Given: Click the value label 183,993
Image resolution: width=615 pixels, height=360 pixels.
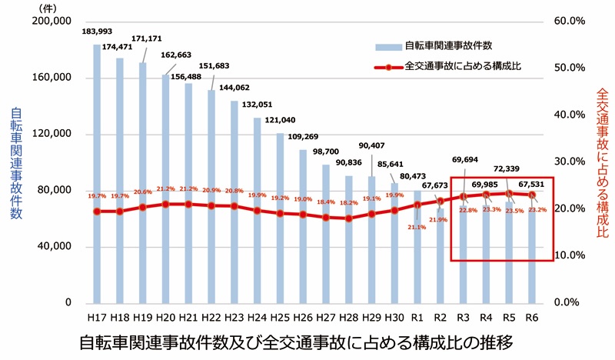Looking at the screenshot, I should tap(97, 32).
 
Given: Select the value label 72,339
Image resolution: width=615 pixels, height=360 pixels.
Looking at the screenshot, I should tap(509, 168).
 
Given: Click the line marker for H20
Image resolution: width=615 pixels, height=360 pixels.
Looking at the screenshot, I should tap(166, 204).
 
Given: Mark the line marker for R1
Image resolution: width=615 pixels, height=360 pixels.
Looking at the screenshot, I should tap(417, 205).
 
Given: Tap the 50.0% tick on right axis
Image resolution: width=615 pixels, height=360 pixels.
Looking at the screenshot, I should tap(569, 68).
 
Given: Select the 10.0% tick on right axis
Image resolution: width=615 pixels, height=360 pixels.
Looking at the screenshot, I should tap(569, 255).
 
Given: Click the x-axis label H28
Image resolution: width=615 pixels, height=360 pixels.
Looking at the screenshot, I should tap(349, 317).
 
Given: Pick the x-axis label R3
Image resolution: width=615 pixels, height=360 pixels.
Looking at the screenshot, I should tap(464, 317).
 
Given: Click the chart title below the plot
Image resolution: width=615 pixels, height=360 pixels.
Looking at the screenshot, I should tap(295, 341).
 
